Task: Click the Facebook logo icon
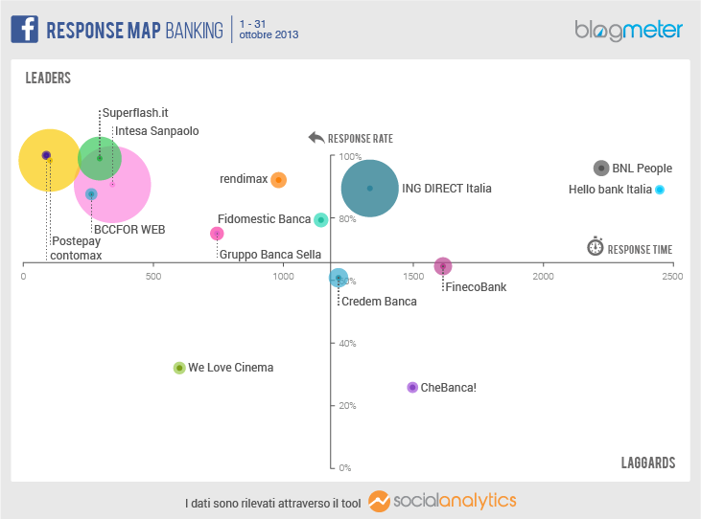(x=24, y=29)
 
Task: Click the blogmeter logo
(x=628, y=30)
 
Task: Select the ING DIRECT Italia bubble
(x=370, y=189)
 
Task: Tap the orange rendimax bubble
(x=278, y=179)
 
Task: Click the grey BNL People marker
(x=601, y=169)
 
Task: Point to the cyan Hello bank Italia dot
(x=660, y=190)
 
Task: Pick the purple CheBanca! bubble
(x=412, y=388)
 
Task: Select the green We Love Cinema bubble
(x=178, y=368)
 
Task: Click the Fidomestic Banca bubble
(x=321, y=219)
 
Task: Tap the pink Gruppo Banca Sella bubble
(x=218, y=234)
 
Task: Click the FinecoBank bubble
(x=442, y=266)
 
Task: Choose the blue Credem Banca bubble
(x=338, y=278)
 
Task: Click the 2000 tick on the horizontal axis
(x=543, y=276)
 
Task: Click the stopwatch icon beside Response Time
(x=595, y=247)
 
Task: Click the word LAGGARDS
(x=648, y=463)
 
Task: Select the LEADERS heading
(x=48, y=78)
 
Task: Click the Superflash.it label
(x=135, y=112)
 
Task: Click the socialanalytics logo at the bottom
(x=442, y=502)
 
